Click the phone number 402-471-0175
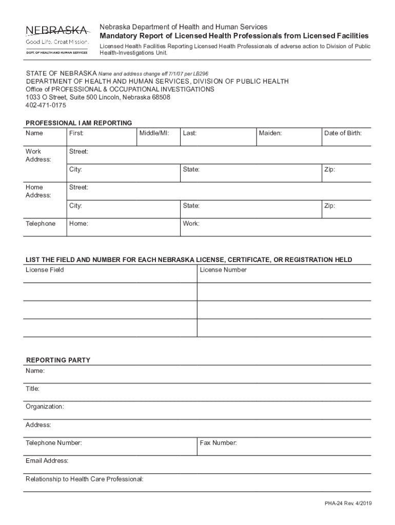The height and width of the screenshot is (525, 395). (x=46, y=105)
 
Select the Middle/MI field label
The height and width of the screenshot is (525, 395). (x=154, y=133)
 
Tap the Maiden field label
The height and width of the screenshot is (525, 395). (x=270, y=133)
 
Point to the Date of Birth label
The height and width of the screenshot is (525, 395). (x=343, y=133)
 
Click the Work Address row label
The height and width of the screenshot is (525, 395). (x=38, y=155)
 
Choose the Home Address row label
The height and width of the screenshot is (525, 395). (x=38, y=191)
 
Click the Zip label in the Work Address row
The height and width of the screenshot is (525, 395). (x=329, y=170)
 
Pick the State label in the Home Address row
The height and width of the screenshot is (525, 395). (x=191, y=206)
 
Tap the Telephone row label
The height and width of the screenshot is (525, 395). (x=41, y=224)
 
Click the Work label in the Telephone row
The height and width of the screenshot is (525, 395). (x=191, y=224)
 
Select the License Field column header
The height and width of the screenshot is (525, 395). (x=45, y=270)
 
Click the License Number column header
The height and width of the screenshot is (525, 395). (x=223, y=270)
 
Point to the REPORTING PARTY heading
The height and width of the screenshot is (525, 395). (x=58, y=360)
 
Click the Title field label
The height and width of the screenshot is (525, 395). (x=33, y=389)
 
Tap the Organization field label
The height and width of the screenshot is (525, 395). (x=45, y=407)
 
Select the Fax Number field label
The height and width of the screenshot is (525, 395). (x=219, y=442)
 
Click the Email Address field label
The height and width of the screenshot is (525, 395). (x=47, y=461)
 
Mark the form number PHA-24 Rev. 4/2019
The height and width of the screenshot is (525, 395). (x=347, y=503)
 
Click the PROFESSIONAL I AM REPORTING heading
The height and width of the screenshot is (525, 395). (x=79, y=123)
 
